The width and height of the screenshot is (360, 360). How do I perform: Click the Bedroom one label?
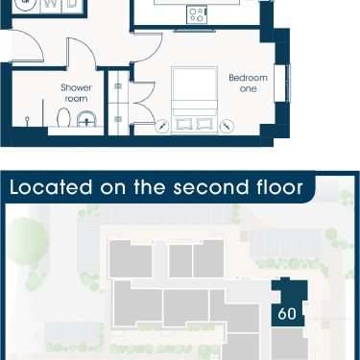pyautogui.click(x=248, y=83)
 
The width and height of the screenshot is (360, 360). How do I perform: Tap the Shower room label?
pyautogui.click(x=76, y=93)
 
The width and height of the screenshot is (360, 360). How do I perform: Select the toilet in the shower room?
pyautogui.click(x=63, y=117)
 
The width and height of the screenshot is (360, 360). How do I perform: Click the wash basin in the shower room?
pyautogui.click(x=86, y=118)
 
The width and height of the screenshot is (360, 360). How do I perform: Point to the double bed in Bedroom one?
pyautogui.click(x=194, y=100)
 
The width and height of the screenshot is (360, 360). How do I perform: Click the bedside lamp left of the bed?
pyautogui.click(x=162, y=126)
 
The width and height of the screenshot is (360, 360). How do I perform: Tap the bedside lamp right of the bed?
pyautogui.click(x=227, y=126)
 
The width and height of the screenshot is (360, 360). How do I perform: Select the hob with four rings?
pyautogui.click(x=197, y=14)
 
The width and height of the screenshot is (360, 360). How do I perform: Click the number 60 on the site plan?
pyautogui.click(x=287, y=314)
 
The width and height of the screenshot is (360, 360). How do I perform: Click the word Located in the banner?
pyautogui.click(x=51, y=187)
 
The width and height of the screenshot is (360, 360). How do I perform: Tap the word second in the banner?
pyautogui.click(x=210, y=187)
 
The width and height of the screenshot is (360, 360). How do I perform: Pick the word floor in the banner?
pyautogui.click(x=279, y=187)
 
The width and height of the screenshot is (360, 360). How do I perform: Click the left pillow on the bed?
pyautogui.click(x=184, y=123)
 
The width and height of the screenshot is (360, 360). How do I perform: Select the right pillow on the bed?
pyautogui.click(x=204, y=123)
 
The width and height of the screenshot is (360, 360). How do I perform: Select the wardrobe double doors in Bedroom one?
pyautogui.click(x=144, y=103)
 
